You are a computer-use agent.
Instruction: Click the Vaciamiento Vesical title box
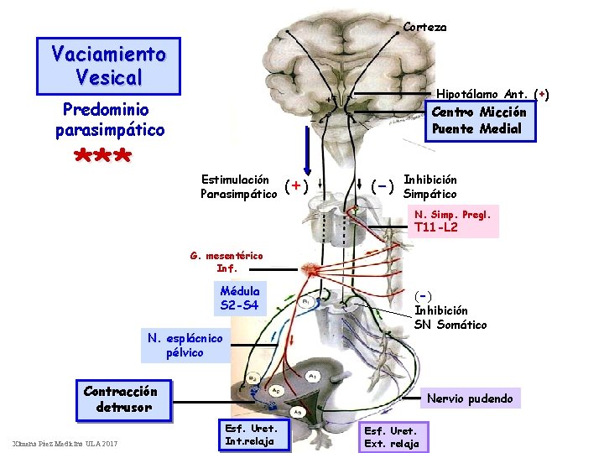pos(109,65)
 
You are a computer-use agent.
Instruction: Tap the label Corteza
pos(424,27)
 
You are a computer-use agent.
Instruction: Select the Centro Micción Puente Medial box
pos(478,121)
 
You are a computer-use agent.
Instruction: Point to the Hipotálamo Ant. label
pos(492,95)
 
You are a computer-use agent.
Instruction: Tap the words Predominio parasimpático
pos(109,120)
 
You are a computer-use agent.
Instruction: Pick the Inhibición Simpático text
pos(430,187)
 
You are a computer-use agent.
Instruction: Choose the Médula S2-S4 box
pos(240,298)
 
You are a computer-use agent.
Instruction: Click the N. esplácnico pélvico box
pos(185,345)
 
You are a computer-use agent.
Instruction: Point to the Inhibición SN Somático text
pos(450,310)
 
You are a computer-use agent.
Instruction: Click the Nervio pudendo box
pos(470,398)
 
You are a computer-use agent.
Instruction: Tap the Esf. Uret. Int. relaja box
pos(251,435)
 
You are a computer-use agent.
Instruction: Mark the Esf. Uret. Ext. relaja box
pos(390,436)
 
